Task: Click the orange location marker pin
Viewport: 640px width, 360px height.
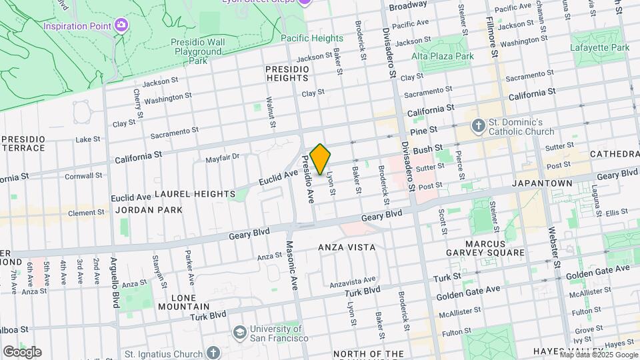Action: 320,159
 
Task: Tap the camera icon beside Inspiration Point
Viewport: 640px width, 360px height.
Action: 121,25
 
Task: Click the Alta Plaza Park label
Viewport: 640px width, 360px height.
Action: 443,56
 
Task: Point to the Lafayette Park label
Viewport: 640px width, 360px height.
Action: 600,47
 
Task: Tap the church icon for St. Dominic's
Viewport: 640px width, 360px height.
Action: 478,125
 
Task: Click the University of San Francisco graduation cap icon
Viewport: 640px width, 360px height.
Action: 239,332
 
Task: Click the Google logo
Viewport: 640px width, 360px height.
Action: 21,351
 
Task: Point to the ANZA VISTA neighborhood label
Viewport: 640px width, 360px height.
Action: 347,247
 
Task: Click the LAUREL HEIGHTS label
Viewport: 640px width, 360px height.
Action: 195,194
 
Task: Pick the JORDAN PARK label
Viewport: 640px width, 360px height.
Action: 149,210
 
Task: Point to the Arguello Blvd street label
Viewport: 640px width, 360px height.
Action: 115,280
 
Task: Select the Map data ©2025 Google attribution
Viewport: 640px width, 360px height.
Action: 598,355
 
